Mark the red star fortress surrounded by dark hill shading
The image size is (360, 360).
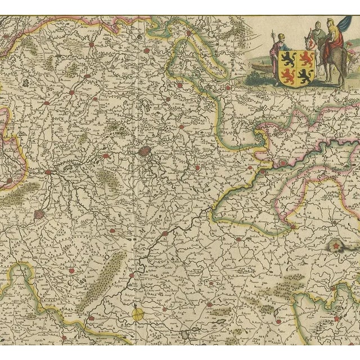click(x=335, y=245)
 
